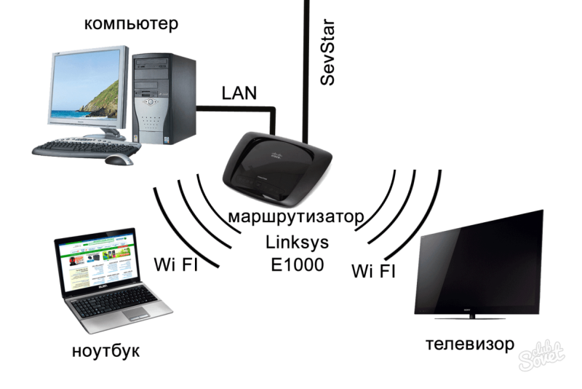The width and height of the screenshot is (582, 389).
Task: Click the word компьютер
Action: point(131,24)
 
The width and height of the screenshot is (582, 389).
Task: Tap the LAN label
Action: point(239,93)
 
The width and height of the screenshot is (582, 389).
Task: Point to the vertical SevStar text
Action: point(327,52)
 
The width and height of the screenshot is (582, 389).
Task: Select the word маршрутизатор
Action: point(296,216)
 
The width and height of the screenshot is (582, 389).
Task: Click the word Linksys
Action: point(297,243)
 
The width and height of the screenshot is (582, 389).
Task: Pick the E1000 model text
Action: point(298,265)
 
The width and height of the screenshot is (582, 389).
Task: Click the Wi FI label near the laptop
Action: point(176,264)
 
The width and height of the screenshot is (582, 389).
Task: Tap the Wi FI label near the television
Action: point(373,271)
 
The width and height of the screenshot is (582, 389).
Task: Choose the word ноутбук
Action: point(105,350)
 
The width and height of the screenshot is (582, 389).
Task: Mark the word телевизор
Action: point(470,344)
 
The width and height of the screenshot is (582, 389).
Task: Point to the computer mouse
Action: point(119,160)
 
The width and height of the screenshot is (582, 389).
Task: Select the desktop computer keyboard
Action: point(86,148)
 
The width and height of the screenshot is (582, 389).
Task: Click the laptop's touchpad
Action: point(136,315)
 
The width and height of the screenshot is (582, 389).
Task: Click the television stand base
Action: point(471,318)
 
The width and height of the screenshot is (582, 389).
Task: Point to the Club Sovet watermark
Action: point(542,356)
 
